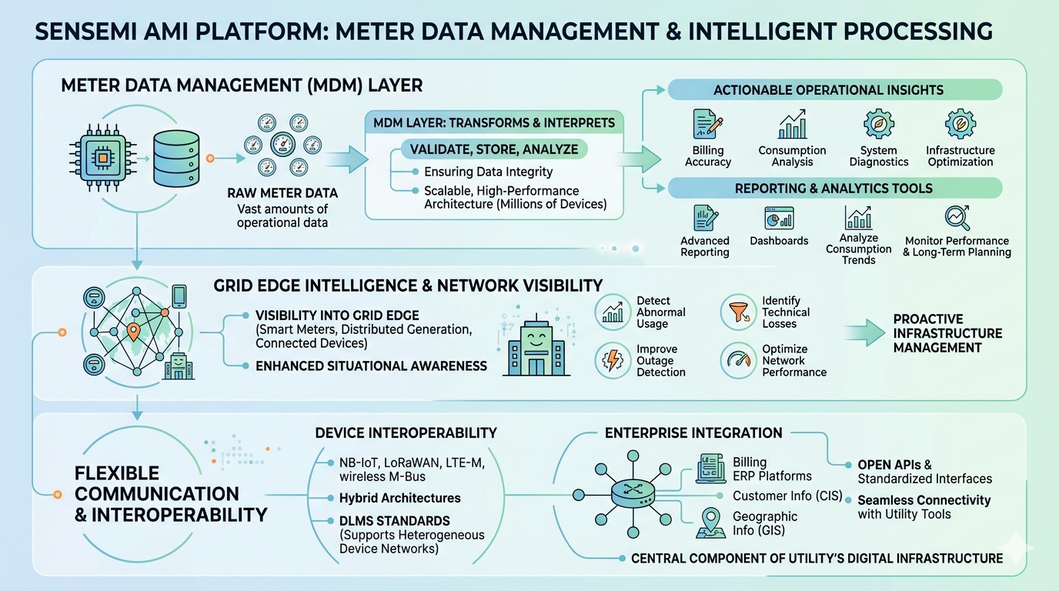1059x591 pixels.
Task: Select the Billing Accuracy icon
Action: coord(707,124)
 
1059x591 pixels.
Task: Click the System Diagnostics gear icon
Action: coord(879,124)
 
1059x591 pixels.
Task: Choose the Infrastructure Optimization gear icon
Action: coord(960,124)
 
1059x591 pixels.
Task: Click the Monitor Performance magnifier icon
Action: coord(957,218)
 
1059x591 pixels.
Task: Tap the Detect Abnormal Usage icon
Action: coord(613,312)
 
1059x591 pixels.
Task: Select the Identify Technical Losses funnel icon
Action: coord(738,312)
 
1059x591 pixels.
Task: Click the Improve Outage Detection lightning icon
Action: coord(613,360)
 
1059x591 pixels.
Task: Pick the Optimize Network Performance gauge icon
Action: coord(738,360)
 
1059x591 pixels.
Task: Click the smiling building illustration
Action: coord(536,347)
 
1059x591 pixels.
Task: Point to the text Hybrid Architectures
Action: coord(399,499)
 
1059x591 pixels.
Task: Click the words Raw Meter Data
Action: coord(282,193)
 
